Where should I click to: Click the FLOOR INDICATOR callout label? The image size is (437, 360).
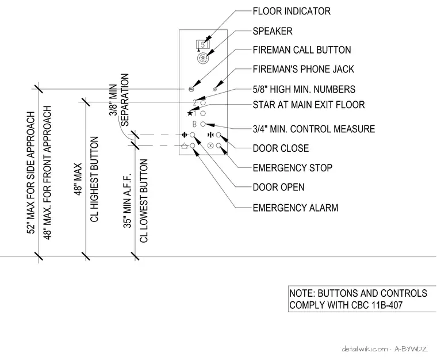tap(292, 11)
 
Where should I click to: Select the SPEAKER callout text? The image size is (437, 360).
tap(273, 31)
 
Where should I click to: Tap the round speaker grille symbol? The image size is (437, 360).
tap(202, 58)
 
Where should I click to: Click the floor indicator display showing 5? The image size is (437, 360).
tap(203, 45)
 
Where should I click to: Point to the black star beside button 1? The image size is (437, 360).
tap(190, 113)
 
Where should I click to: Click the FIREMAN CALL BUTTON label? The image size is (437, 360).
tap(302, 50)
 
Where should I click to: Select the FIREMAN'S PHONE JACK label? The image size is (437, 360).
tap(303, 69)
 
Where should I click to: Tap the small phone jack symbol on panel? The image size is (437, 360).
tap(215, 89)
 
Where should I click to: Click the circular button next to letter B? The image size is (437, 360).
tap(203, 124)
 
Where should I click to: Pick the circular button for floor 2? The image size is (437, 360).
tap(203, 102)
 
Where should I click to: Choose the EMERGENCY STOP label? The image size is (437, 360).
tap(292, 168)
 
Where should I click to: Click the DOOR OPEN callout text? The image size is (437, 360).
tap(278, 187)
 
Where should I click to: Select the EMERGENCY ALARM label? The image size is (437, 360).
tap(296, 208)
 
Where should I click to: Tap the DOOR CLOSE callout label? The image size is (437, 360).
tap(281, 148)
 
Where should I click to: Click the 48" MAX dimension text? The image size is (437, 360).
tap(78, 179)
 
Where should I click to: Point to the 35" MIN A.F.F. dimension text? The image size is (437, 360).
tap(127, 201)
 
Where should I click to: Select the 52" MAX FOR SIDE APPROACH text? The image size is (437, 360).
tap(30, 173)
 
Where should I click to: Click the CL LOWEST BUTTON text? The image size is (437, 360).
tap(144, 201)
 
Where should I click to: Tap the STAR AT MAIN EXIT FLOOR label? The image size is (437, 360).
tap(309, 105)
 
